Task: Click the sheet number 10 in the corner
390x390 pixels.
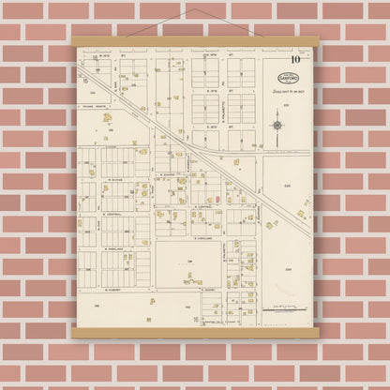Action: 295,60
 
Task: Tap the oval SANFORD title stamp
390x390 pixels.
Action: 289,77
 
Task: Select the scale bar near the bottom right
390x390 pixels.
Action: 280,307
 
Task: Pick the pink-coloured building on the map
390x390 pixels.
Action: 217,198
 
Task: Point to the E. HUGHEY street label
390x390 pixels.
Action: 209,290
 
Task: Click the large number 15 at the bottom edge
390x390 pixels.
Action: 195,320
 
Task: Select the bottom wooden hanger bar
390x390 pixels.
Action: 194,333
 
